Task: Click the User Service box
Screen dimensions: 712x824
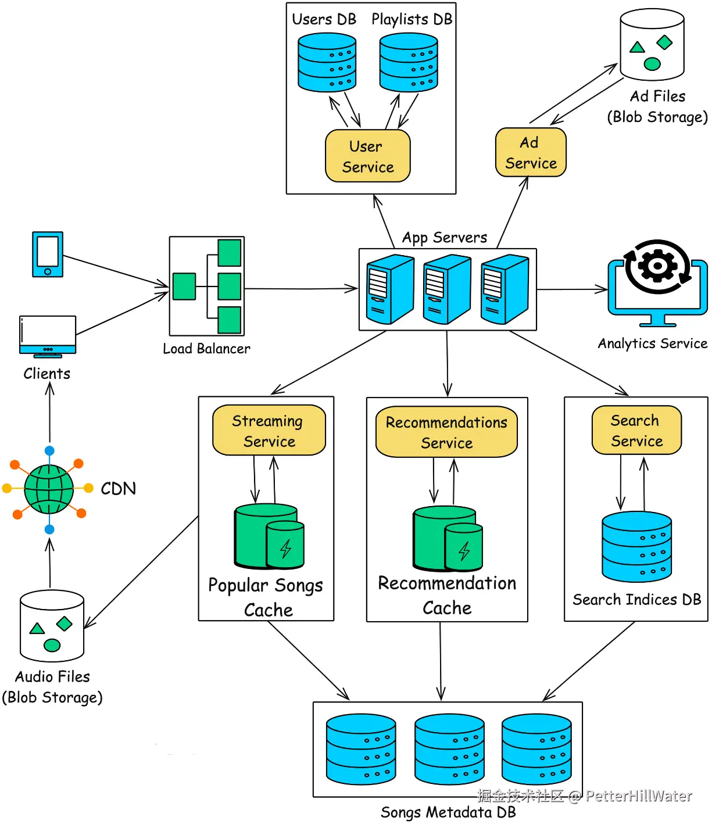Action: pos(367,156)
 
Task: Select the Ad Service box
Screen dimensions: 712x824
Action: pos(530,152)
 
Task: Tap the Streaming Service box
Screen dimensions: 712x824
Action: pos(269,430)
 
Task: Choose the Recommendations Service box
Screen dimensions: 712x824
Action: pos(446,431)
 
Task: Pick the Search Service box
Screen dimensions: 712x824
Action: pos(636,430)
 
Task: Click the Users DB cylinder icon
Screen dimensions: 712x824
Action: pos(327,62)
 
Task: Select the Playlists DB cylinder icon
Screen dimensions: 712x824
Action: pos(408,62)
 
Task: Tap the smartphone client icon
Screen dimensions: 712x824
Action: pos(48,254)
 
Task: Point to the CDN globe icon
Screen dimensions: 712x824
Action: pos(49,489)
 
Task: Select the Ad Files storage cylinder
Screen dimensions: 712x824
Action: pos(652,44)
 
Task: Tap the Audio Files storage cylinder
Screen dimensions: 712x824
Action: pos(52,625)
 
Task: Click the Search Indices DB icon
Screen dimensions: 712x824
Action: pos(636,546)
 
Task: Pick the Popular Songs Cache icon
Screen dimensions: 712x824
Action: pos(269,536)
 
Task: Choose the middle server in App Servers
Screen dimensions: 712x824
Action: pos(446,289)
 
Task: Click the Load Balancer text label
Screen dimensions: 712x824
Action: pos(206,349)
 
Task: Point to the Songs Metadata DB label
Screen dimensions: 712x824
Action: pos(448,812)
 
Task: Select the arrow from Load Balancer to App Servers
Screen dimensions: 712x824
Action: pos(301,288)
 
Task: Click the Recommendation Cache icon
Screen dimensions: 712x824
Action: pos(448,538)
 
